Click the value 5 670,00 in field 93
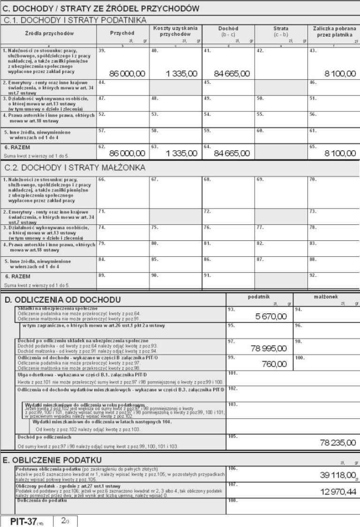point(270,317)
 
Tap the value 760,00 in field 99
point(274,364)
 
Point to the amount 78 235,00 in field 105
point(337,442)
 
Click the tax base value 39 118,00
point(337,475)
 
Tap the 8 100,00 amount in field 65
point(336,153)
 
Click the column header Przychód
point(122,33)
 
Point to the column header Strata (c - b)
point(280,31)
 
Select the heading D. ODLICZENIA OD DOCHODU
point(62,300)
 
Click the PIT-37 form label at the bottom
point(27,521)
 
